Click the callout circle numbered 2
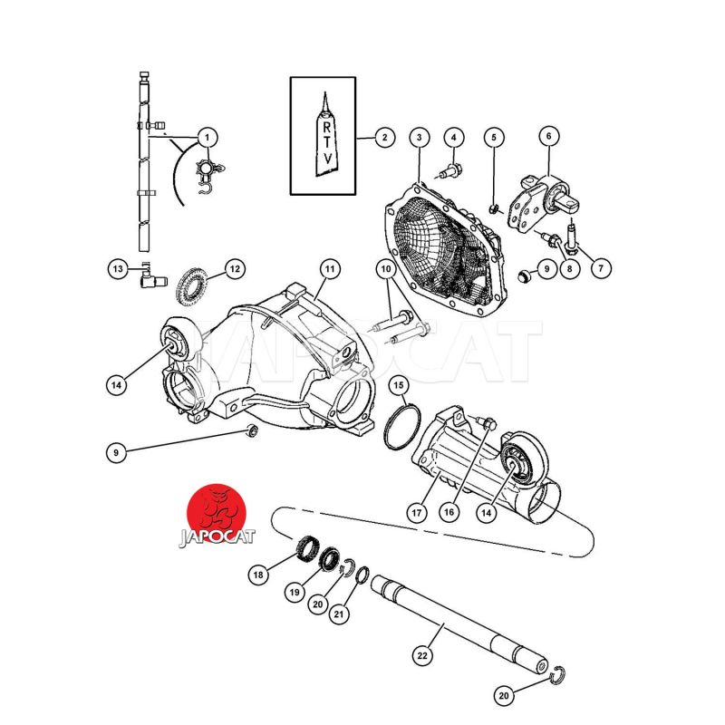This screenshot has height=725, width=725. click(x=384, y=138)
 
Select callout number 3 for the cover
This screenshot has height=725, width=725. click(x=420, y=138)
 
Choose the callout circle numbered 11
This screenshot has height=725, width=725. click(x=329, y=268)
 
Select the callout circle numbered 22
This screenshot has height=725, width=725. click(x=422, y=655)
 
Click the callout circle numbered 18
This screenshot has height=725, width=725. click(x=258, y=575)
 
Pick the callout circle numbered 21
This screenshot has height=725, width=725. click(x=339, y=614)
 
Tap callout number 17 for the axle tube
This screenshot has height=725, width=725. click(x=417, y=513)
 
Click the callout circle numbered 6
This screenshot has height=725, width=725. click(x=549, y=136)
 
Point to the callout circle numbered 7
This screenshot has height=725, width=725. click(x=601, y=267)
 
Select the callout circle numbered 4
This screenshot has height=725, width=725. click(x=454, y=138)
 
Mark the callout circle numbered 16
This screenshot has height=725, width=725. click(x=449, y=512)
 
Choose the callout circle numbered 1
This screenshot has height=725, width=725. click(x=207, y=138)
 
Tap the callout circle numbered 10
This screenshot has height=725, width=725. click(x=386, y=268)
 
